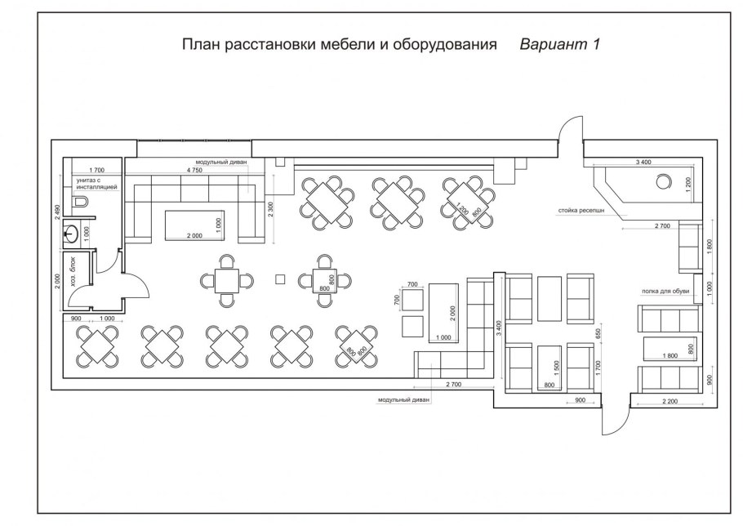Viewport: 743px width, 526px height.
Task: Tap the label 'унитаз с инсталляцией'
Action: click(x=97, y=184)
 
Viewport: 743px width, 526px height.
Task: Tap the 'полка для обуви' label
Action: click(x=666, y=291)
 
